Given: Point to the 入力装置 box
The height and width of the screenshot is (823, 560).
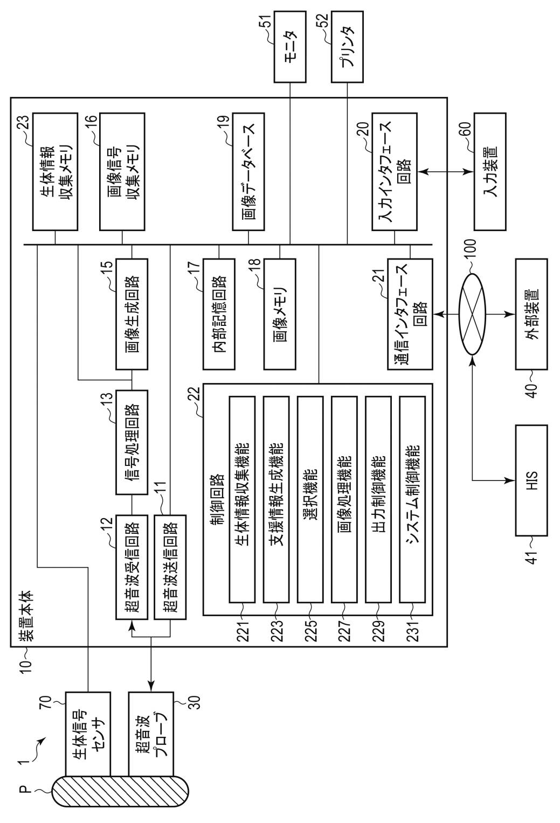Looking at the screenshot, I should point(490,171).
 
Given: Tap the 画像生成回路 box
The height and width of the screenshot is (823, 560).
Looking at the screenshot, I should point(132,315).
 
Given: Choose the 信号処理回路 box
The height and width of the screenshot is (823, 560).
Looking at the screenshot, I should point(132,443).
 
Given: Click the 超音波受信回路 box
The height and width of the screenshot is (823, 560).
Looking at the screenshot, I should point(132,567).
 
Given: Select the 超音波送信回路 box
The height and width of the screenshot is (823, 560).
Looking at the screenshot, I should point(170,567).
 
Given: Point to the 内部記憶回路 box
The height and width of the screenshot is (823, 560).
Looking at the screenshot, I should point(219,315).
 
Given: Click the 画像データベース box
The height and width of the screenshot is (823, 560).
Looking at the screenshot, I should point(248,171).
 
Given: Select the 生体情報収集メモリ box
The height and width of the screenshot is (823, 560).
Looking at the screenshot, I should point(56,171).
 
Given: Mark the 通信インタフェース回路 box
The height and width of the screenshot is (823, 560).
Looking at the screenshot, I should point(410,315).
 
